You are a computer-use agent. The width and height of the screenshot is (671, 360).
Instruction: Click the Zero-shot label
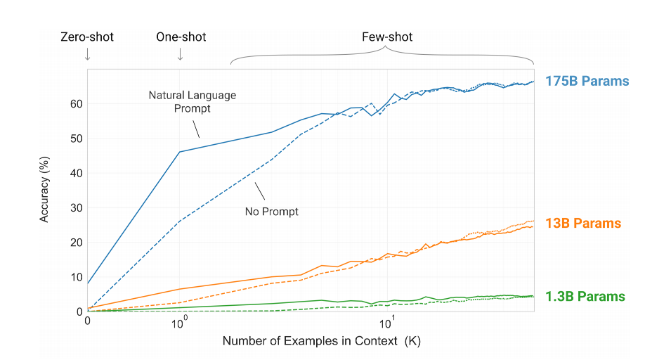pyautogui.click(x=87, y=37)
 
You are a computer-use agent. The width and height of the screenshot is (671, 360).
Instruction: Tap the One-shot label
pyautogui.click(x=181, y=37)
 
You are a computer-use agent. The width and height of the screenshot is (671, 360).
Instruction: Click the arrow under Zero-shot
pyautogui.click(x=87, y=54)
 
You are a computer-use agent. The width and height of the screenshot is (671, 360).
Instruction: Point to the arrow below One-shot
pyautogui.click(x=180, y=54)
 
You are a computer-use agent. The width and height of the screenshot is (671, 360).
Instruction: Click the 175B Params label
pyautogui.click(x=587, y=81)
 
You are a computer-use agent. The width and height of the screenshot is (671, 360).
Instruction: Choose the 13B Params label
pyautogui.click(x=583, y=224)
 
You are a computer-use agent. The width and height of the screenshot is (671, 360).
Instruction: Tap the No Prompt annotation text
pyautogui.click(x=272, y=211)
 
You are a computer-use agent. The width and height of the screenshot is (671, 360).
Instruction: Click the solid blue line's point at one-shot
pyautogui.click(x=180, y=152)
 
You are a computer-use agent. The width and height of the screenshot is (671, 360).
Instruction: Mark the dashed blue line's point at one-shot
pyautogui.click(x=180, y=221)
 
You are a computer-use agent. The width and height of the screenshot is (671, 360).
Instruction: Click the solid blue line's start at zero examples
pyautogui.click(x=88, y=283)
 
